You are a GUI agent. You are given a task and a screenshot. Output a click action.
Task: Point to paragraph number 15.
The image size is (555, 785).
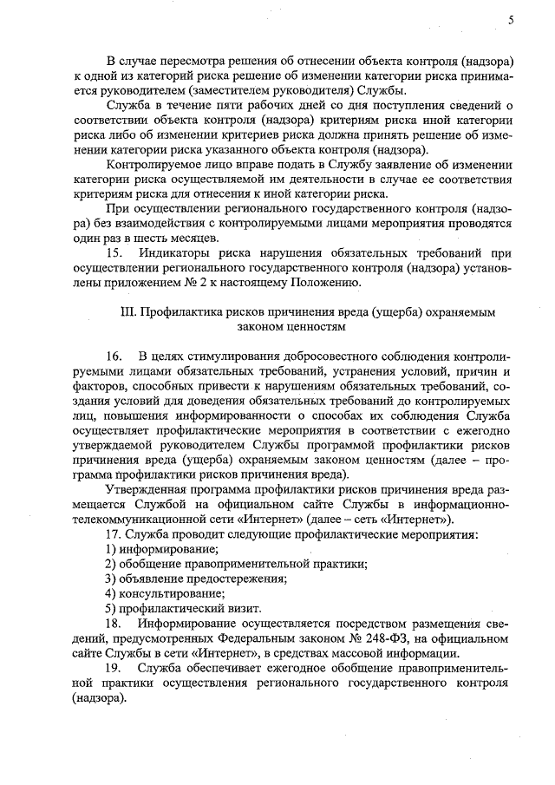(114, 252)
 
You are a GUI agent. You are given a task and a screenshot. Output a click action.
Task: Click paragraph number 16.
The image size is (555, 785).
(114, 357)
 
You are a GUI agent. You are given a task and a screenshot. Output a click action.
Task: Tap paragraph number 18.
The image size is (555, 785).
(114, 624)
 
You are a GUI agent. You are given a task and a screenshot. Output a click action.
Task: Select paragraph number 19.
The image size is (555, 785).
(114, 669)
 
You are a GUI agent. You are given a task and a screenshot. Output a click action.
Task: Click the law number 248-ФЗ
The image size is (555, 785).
(391, 639)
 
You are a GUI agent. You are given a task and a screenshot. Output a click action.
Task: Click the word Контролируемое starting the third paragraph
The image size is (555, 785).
(153, 164)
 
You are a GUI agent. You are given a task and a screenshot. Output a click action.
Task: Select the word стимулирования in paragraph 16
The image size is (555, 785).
(232, 357)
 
